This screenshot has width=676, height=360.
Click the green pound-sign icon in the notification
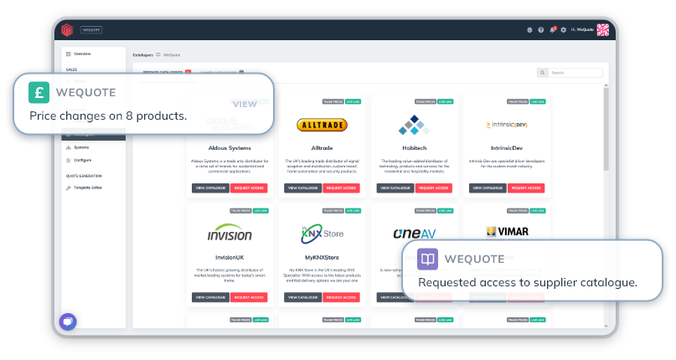39,91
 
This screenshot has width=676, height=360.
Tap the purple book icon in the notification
427,260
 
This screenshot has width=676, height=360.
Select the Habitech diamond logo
413,125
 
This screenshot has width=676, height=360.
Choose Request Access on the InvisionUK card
249,297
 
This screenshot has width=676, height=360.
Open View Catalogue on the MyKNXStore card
302,297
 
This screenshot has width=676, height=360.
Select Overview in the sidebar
81,54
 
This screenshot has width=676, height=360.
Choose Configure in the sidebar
81,159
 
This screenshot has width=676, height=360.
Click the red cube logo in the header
67,29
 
